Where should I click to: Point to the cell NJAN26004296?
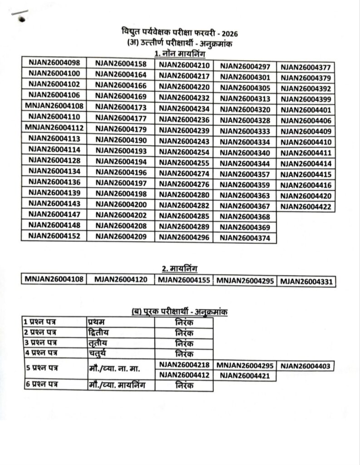184,237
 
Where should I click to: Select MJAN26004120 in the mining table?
121,279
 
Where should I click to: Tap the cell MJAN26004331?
306,282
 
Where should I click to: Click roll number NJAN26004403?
306,366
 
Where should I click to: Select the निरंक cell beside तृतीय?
184,343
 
